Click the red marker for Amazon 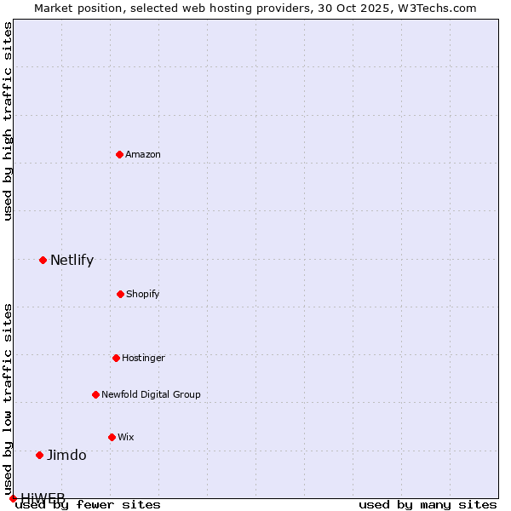119,154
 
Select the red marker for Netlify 43,260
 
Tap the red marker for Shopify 120,294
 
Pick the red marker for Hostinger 116,358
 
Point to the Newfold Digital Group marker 95,394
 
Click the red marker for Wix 112,437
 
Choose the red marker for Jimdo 39,455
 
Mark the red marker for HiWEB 13,498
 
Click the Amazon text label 143,154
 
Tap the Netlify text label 72,260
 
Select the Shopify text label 143,294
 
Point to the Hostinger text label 143,358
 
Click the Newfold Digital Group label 151,394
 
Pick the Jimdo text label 66,455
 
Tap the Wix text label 126,437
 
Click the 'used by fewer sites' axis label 88,505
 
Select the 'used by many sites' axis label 428,505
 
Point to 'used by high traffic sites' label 8,121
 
